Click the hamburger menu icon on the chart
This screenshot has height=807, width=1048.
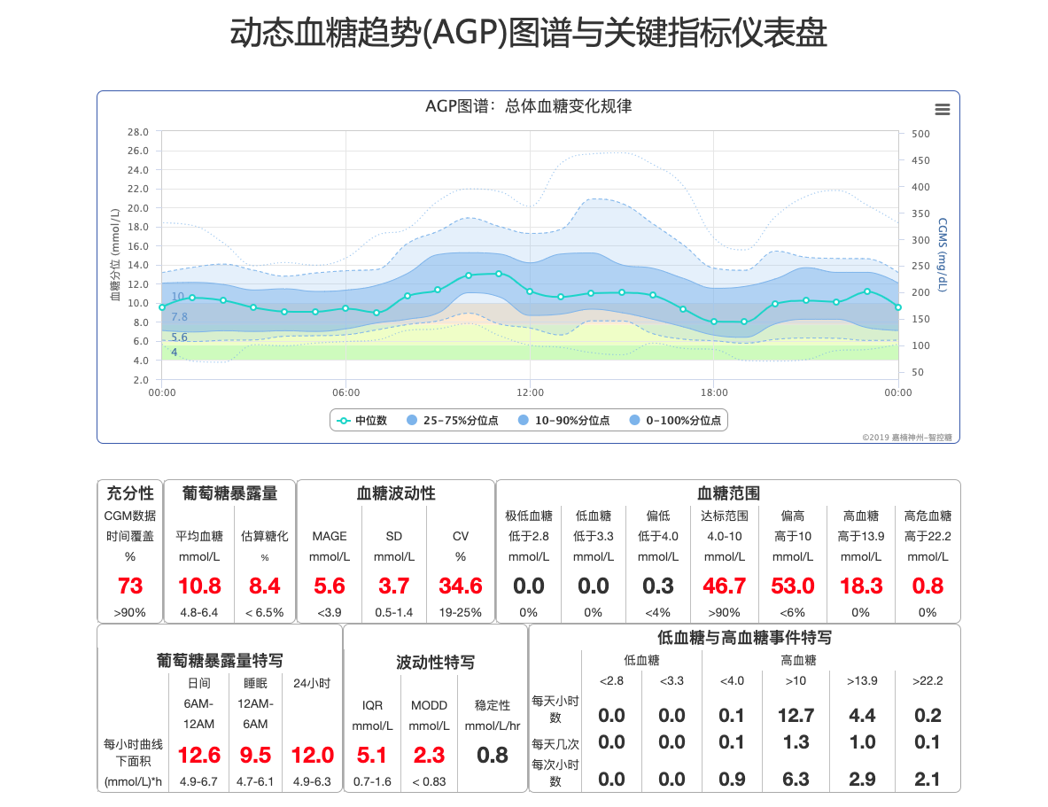[942, 109]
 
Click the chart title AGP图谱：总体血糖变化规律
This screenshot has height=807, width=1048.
[528, 107]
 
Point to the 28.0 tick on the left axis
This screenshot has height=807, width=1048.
[137, 132]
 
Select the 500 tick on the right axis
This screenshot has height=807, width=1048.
[920, 134]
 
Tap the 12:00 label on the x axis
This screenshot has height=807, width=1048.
[530, 393]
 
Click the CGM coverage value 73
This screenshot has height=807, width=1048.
[130, 586]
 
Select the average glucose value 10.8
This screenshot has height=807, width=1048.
[198, 586]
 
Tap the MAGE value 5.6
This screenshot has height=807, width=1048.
[330, 586]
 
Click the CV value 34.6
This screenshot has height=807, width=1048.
[461, 586]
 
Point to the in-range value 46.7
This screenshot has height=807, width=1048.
[724, 586]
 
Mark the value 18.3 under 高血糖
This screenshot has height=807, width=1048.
[861, 586]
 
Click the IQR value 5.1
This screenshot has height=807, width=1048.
[372, 755]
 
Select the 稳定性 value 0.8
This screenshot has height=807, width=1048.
[493, 755]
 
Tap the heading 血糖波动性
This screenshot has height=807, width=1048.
[396, 493]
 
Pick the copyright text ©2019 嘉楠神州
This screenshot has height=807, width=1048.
[910, 437]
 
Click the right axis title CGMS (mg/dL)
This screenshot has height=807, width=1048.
[943, 254]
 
